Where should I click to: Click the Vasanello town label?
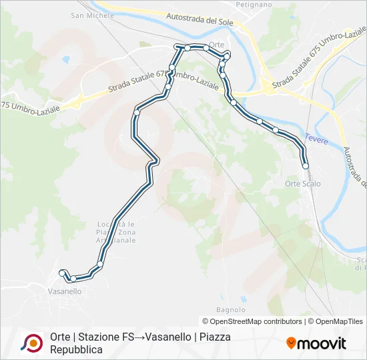click(x=65, y=291)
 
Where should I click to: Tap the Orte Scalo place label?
click(x=302, y=184)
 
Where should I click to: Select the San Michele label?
click(x=87, y=15)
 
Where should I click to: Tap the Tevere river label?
click(x=316, y=139)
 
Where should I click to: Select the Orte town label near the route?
click(x=216, y=45)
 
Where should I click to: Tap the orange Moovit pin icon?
click(x=291, y=343)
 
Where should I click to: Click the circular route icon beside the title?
click(x=31, y=343)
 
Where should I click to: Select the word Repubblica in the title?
click(x=76, y=349)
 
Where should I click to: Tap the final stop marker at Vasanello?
click(x=62, y=273)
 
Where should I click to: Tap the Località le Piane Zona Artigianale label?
click(x=117, y=232)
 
